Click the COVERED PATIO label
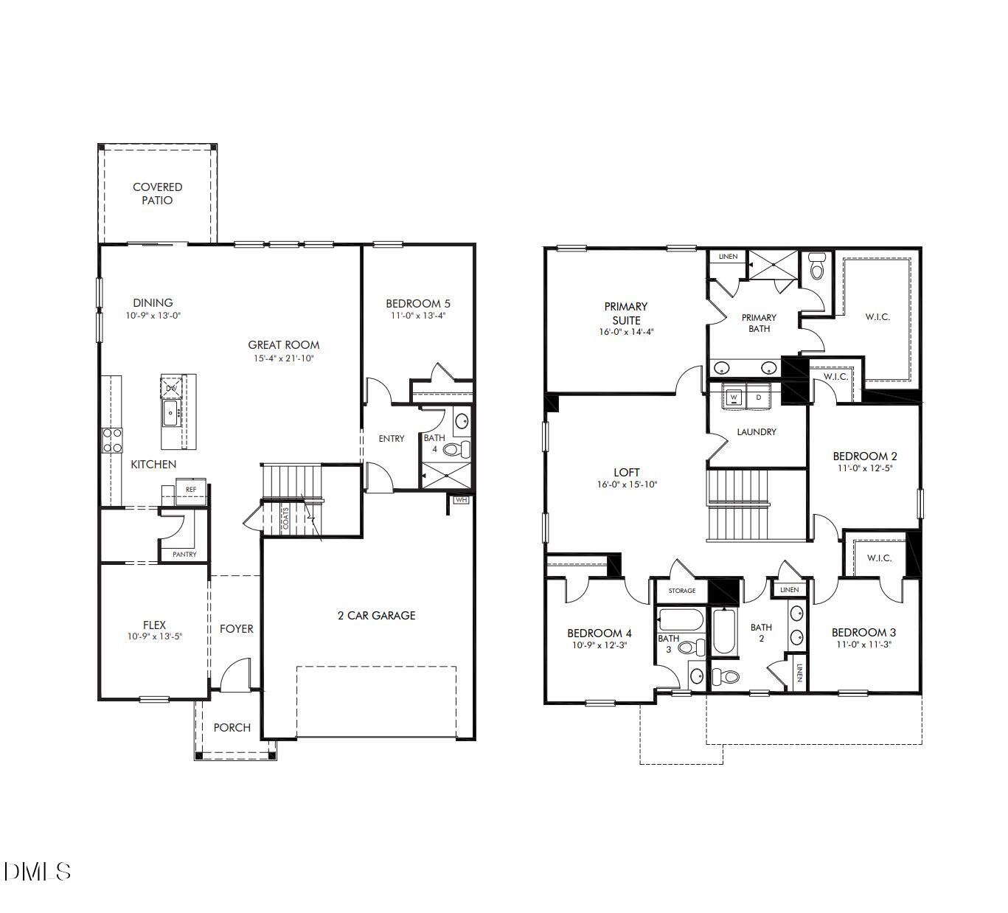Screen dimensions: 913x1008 (157, 194)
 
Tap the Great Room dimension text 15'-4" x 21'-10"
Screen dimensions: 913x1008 (284, 358)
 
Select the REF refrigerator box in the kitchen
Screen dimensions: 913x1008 (191, 489)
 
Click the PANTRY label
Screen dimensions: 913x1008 (184, 554)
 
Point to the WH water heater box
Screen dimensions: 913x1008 (462, 500)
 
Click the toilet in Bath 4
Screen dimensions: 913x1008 (455, 448)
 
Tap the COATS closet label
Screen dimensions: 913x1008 (286, 518)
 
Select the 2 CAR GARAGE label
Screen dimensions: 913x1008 (376, 615)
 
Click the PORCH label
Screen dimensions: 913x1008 (232, 727)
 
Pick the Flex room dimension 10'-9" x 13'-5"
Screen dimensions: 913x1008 (154, 636)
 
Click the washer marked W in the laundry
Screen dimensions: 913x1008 (734, 398)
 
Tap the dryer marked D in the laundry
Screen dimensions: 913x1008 (758, 398)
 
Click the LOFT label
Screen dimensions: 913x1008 (627, 472)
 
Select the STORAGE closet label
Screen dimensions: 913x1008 (681, 591)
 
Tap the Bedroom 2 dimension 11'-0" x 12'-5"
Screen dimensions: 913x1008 (864, 468)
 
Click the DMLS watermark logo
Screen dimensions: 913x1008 (37, 872)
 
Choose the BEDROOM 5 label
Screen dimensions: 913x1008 (418, 303)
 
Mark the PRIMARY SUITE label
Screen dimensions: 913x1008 (625, 313)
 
